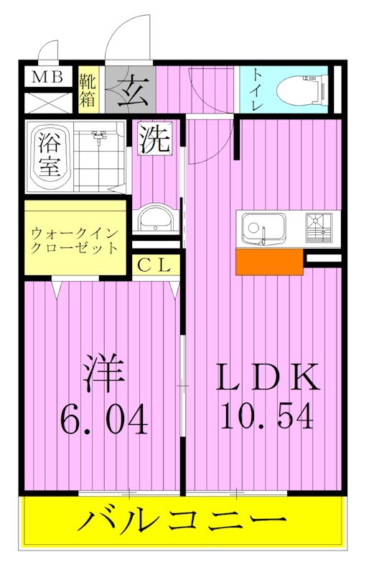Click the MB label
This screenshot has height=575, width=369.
pos(47,77)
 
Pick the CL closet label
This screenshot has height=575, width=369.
pos(154,265)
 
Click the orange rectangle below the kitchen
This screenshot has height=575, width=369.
pos(268,262)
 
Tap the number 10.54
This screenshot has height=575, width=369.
pos(267,418)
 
